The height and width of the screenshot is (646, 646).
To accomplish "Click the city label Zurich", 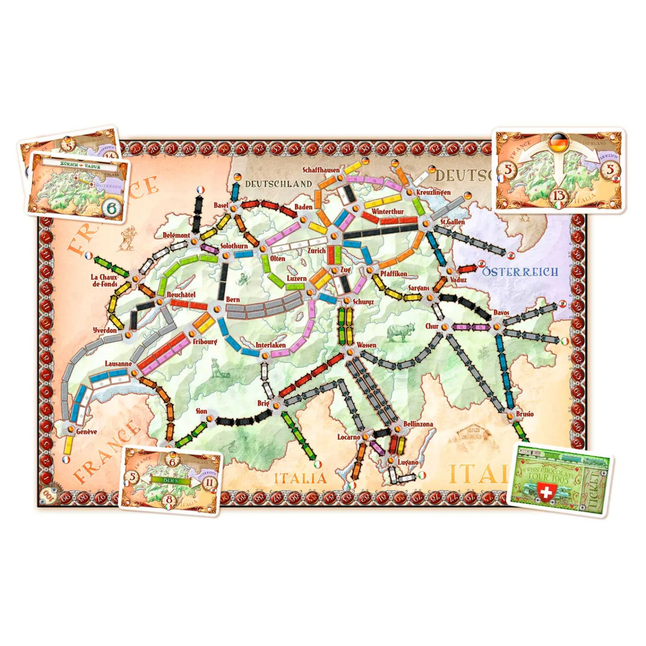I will point(316,250).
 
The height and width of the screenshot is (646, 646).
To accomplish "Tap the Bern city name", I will point(233,299).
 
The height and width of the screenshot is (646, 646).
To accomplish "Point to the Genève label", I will point(86,432).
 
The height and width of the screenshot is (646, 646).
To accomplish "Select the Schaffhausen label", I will point(321,170).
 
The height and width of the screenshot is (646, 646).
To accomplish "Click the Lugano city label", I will point(408,462).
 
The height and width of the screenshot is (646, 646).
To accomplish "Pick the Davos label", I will point(501,312).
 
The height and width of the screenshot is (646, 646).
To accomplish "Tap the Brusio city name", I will point(525,414).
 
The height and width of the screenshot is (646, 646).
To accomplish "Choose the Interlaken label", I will point(270,345).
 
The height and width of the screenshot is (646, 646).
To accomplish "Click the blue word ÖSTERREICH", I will point(520,272).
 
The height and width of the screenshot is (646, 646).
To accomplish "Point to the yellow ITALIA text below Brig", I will point(301,478).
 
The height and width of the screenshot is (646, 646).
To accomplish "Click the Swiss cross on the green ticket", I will point(546,491).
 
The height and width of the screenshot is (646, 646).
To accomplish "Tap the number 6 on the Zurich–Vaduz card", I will point(112,208).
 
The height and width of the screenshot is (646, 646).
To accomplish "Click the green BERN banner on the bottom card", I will point(170,480).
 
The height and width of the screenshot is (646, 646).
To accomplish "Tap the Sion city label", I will point(202,411).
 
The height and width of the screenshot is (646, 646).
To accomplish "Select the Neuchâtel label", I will point(181,295).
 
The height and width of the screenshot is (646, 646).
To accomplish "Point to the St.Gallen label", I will point(452,222).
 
